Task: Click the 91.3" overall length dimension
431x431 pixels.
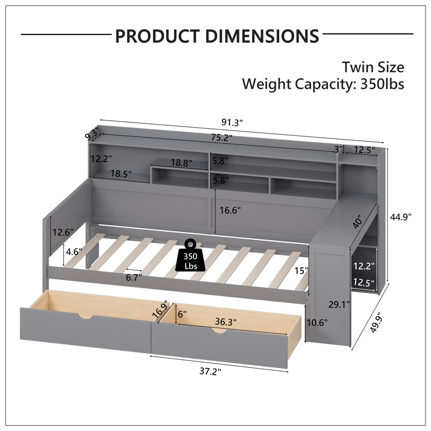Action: click(232, 122)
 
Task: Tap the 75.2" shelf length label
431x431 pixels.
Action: click(222, 137)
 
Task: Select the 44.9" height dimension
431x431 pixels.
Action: click(401, 217)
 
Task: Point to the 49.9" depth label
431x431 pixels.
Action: click(376, 322)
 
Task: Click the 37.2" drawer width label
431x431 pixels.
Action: click(210, 371)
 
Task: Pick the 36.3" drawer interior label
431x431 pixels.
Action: click(226, 322)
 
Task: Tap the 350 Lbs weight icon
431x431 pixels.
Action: click(191, 255)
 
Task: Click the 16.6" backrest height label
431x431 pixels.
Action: click(230, 210)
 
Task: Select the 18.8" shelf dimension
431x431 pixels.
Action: click(182, 163)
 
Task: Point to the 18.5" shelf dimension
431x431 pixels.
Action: click(121, 173)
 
